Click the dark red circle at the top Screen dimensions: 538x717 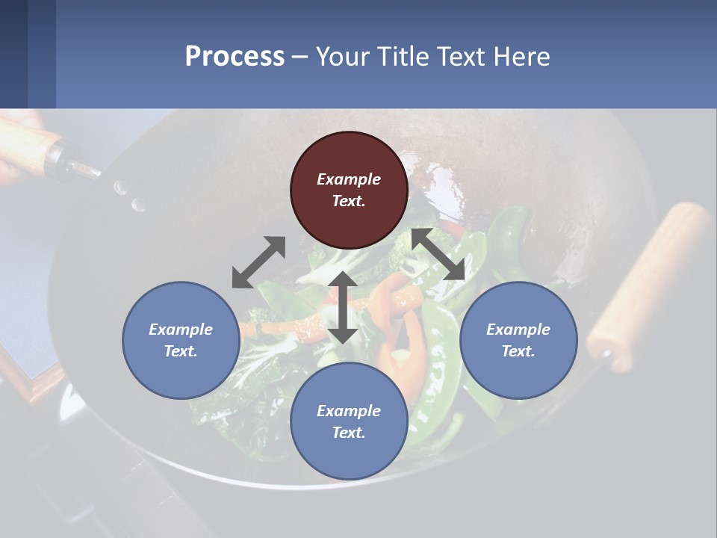pyautogui.click(x=349, y=191)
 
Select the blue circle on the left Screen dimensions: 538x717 pyautogui.click(x=181, y=340)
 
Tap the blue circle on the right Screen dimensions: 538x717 pyautogui.click(x=518, y=340)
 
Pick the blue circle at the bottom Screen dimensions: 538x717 pyautogui.click(x=349, y=421)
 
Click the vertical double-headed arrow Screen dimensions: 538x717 pyautogui.click(x=343, y=307)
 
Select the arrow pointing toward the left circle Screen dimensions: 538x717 pyautogui.click(x=258, y=262)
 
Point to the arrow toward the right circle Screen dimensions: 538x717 pyautogui.click(x=438, y=254)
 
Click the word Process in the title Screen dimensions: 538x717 pyautogui.click(x=235, y=56)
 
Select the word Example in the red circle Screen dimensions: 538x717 pyautogui.click(x=349, y=179)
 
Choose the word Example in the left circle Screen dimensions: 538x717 pyautogui.click(x=181, y=330)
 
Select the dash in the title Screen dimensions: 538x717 pyautogui.click(x=300, y=57)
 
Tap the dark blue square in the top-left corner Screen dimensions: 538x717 pyautogui.click(x=13, y=54)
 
